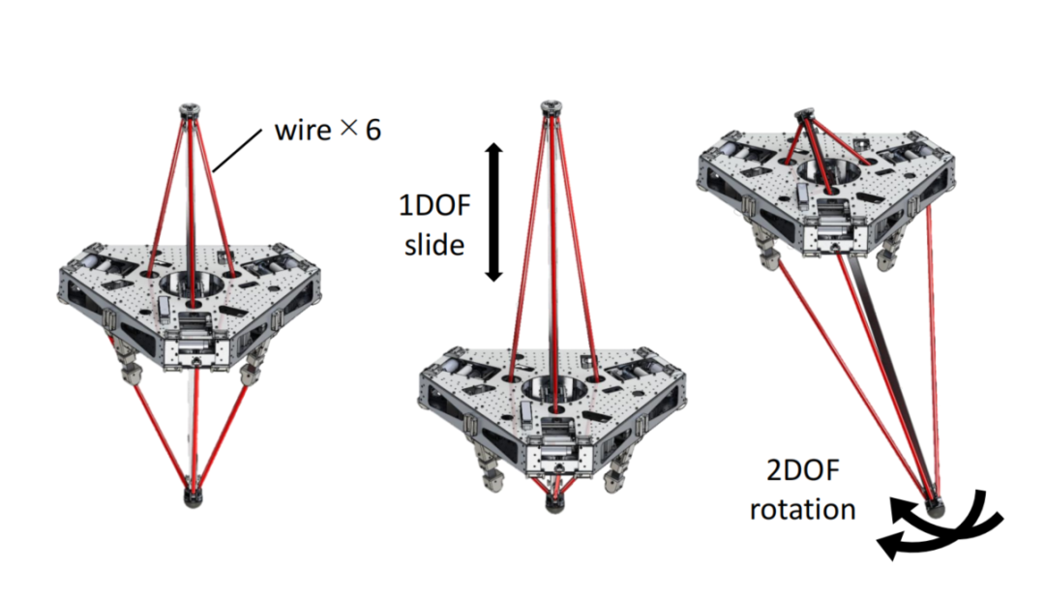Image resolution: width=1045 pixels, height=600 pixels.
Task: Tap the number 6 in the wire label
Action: click(372, 129)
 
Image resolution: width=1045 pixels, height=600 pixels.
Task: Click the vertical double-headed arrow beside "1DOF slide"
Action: click(493, 212)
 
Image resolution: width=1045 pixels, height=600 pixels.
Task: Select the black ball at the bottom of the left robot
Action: click(193, 499)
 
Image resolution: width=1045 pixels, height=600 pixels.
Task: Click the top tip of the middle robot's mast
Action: click(551, 103)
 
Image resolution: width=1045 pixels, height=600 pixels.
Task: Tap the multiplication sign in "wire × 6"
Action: click(349, 127)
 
